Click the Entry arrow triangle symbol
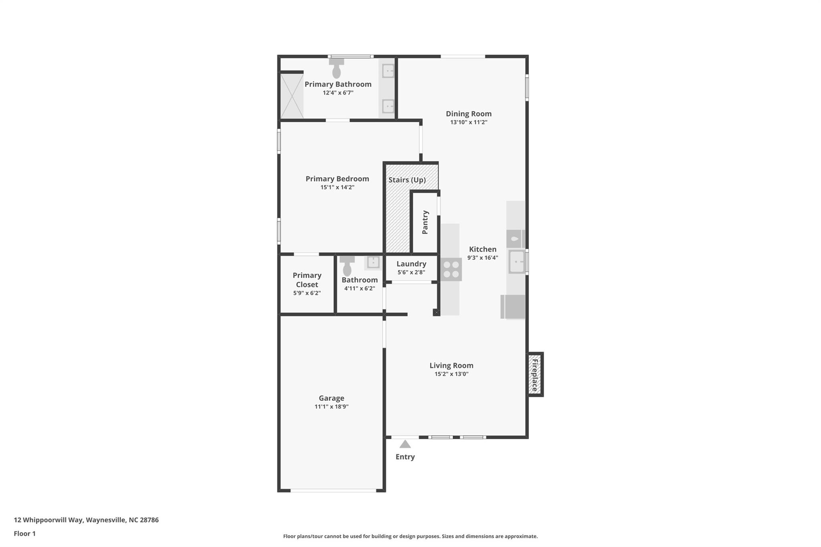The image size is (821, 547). pyautogui.click(x=405, y=444)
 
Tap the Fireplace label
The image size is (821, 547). pyautogui.click(x=534, y=375)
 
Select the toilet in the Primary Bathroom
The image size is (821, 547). pyautogui.click(x=336, y=69)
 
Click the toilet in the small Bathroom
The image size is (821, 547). pyautogui.click(x=347, y=266)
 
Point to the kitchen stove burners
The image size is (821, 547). pyautogui.click(x=451, y=270)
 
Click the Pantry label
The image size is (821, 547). pyautogui.click(x=425, y=222)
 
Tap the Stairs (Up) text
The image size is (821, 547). pyautogui.click(x=407, y=180)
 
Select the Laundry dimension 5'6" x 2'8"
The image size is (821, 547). pyautogui.click(x=411, y=272)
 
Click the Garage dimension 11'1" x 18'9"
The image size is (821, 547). pyautogui.click(x=331, y=407)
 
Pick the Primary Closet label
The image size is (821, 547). pyautogui.click(x=307, y=280)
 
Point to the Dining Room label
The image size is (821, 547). pyautogui.click(x=469, y=114)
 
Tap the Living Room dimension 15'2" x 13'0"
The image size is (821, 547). pyautogui.click(x=451, y=374)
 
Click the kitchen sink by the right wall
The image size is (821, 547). pyautogui.click(x=516, y=262)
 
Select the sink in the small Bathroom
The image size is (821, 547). pyautogui.click(x=373, y=262)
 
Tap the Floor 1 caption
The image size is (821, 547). pyautogui.click(x=25, y=533)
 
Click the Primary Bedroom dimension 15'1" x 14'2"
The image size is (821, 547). pyautogui.click(x=337, y=187)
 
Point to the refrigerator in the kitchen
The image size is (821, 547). pyautogui.click(x=514, y=307)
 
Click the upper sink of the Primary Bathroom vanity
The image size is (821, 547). pyautogui.click(x=388, y=71)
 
